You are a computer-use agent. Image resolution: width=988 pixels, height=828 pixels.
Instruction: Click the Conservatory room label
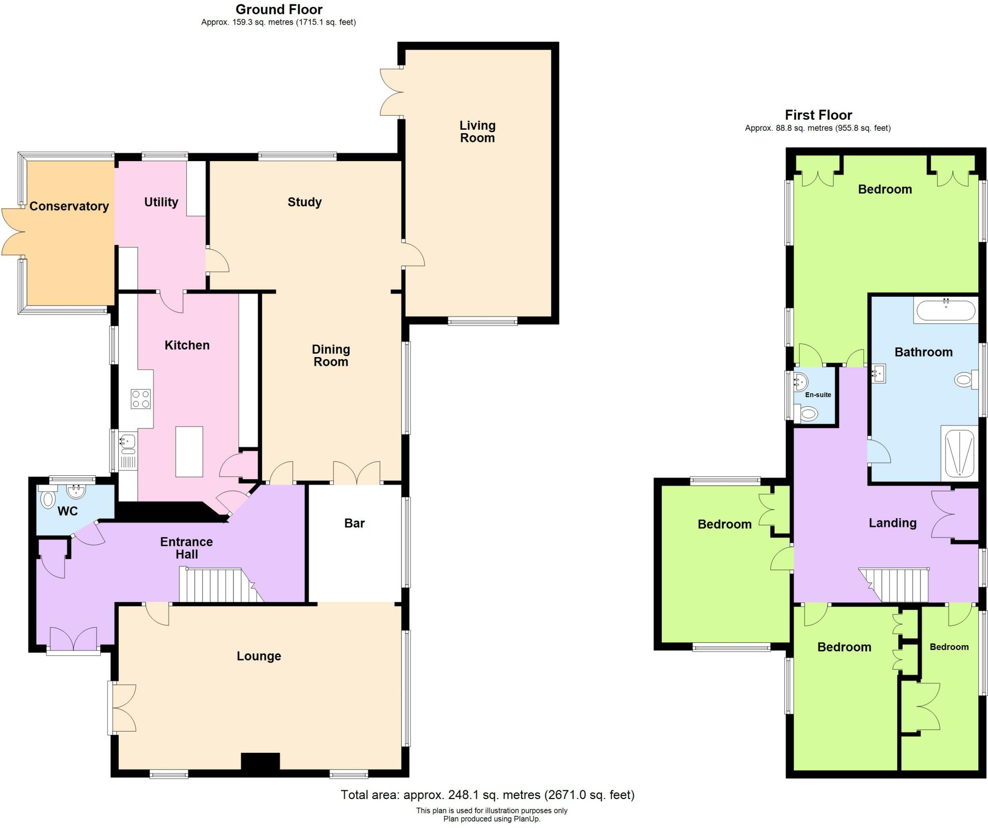click(69, 206)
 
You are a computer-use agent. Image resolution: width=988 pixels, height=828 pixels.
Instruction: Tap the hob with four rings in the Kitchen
click(140, 399)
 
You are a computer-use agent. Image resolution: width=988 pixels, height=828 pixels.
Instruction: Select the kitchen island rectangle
click(189, 452)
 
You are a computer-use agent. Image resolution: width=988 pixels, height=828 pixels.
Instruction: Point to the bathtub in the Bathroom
click(946, 310)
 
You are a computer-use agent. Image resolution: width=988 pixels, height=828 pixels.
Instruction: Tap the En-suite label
click(818, 395)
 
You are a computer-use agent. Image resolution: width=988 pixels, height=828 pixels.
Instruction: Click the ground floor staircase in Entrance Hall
click(217, 585)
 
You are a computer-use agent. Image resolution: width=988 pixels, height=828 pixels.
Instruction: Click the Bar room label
click(355, 523)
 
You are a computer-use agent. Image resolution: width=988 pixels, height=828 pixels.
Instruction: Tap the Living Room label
click(477, 132)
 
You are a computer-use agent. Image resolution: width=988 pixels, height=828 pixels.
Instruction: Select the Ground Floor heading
click(279, 9)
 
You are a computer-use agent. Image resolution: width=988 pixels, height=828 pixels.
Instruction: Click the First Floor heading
click(818, 115)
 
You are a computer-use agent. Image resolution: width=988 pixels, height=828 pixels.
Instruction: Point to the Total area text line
click(487, 795)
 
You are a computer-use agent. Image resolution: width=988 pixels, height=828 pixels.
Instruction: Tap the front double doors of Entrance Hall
click(73, 638)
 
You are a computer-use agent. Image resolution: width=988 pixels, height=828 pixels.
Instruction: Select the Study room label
click(304, 202)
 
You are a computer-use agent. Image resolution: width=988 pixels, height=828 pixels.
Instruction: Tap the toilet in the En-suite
click(808, 414)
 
